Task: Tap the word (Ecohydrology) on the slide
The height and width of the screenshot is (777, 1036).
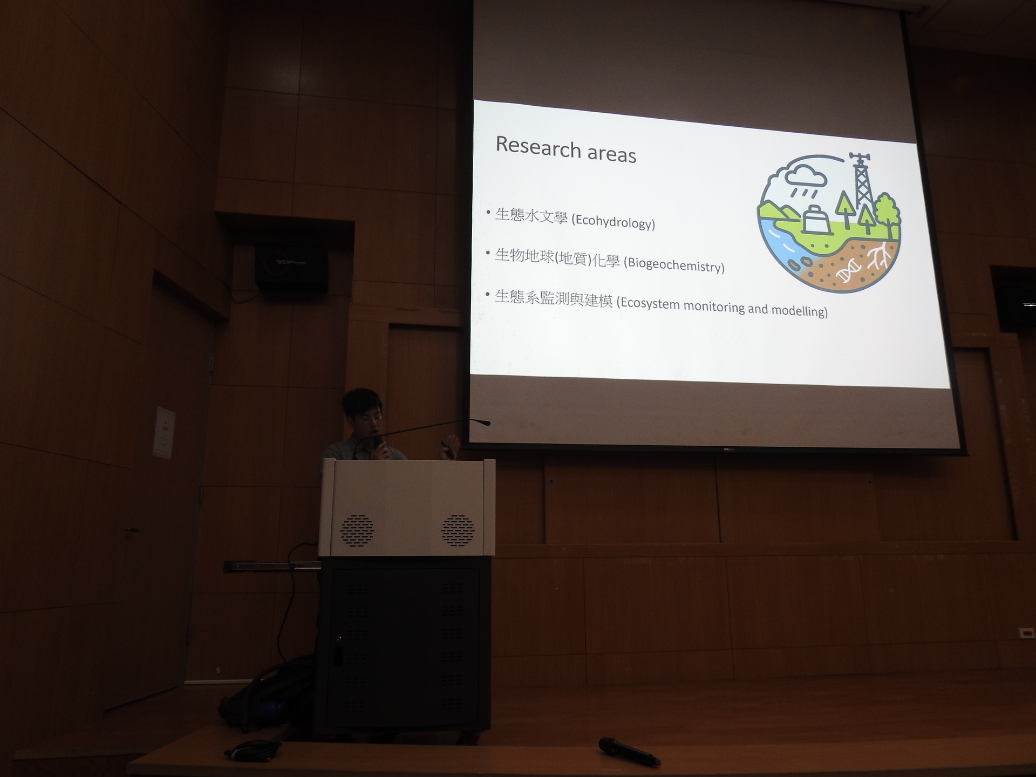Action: pos(614,222)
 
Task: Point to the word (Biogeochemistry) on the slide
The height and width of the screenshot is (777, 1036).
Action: pos(674,265)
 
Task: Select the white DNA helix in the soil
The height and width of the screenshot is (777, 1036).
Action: pos(849,270)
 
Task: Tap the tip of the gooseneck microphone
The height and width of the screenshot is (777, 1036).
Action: pos(487,423)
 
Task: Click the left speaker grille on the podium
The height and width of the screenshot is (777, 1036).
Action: pos(357,530)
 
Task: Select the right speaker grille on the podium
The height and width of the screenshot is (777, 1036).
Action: pos(458,530)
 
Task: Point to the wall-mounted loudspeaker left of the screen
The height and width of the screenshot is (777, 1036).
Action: pos(291,268)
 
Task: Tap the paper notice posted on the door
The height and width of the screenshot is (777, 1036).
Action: pos(164,433)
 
